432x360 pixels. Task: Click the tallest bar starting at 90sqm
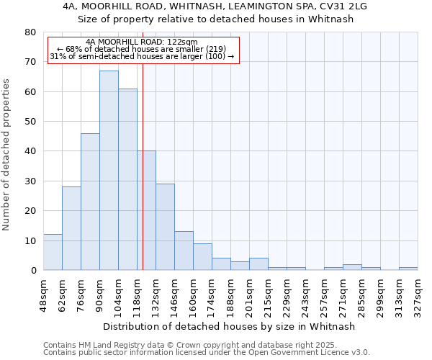[x=109, y=171]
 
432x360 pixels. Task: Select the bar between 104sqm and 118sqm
[x=127, y=179]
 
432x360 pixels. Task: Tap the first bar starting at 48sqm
[x=53, y=252]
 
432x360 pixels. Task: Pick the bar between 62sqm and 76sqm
[x=71, y=228]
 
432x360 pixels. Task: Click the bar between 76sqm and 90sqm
[x=90, y=202]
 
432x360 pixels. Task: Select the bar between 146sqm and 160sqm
[x=184, y=251]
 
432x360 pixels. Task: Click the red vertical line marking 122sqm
[x=143, y=166]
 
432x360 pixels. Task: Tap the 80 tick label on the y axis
[x=30, y=32]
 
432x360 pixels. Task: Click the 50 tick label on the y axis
[x=30, y=122]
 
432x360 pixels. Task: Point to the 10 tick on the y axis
[x=30, y=240]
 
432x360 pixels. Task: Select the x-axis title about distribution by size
[x=230, y=326]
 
